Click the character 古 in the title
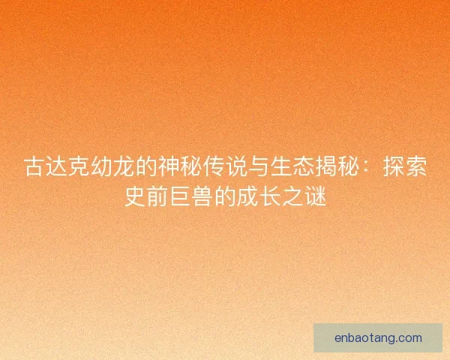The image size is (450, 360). pos(34,168)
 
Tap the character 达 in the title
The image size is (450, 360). pos(57,168)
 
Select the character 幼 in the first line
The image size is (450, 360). pos(100,168)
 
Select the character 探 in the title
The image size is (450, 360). pos(394,168)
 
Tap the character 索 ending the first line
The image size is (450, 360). pos(416,168)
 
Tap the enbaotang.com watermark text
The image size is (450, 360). pos(378,337)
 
